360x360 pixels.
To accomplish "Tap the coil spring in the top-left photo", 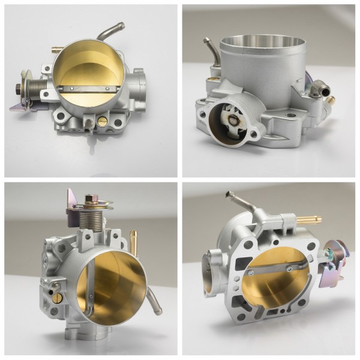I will click(37, 94).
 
